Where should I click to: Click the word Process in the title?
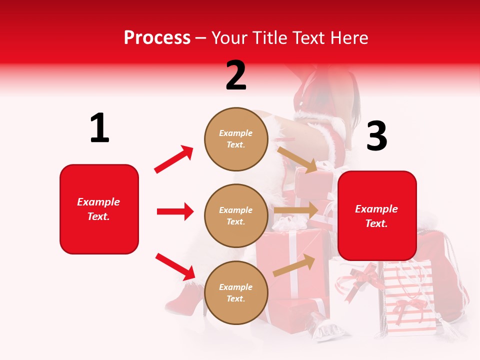[157, 37]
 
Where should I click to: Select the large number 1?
[99, 128]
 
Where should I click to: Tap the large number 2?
[236, 75]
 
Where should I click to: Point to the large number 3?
[376, 136]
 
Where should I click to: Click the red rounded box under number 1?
[99, 209]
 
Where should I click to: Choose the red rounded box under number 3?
[377, 215]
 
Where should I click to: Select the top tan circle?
[236, 139]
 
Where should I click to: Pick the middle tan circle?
[236, 215]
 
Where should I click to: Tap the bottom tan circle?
[236, 292]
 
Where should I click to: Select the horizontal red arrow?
[175, 211]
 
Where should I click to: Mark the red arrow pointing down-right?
[175, 266]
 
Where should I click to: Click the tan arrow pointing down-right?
[297, 159]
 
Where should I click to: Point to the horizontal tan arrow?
[296, 210]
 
